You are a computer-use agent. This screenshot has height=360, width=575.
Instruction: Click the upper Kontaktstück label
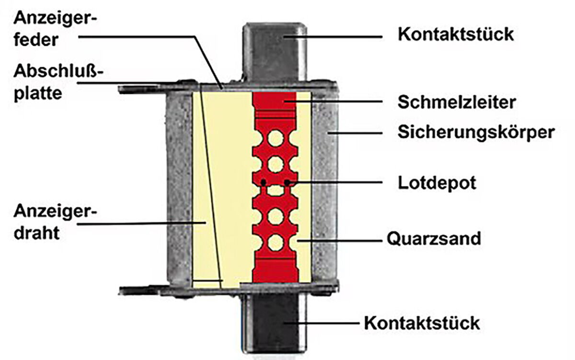point(456,35)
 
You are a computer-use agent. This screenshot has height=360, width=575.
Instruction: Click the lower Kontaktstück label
point(422,323)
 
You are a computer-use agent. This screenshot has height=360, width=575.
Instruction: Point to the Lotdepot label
point(437,183)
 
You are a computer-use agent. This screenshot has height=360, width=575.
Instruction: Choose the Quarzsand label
point(433,238)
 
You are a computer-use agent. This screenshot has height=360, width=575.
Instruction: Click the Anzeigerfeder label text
point(55,29)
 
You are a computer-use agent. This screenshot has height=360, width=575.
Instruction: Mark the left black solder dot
point(263,182)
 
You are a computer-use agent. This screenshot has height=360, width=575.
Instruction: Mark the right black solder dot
point(287,182)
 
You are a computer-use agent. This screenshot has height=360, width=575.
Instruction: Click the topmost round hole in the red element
point(276,139)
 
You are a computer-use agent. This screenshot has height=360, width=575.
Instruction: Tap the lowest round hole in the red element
point(276,243)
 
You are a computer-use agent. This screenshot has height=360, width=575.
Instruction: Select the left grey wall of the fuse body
point(179,187)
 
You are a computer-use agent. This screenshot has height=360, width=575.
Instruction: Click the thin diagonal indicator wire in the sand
point(211,192)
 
